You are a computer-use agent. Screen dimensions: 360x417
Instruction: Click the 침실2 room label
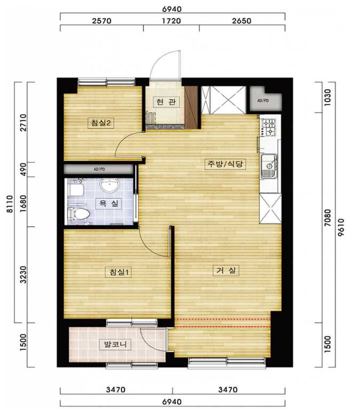tap(101, 123)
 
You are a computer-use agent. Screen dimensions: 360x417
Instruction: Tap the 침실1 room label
tap(119, 272)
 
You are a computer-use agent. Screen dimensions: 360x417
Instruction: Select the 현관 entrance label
tap(166, 102)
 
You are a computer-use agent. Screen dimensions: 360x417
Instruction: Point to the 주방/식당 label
tap(225, 164)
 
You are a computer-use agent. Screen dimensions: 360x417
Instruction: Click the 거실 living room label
tap(226, 271)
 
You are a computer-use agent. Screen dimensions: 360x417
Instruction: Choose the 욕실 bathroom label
tap(108, 203)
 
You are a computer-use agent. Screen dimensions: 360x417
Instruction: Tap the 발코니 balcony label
tap(115, 345)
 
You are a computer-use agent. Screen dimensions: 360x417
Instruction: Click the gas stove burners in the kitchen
tap(269, 127)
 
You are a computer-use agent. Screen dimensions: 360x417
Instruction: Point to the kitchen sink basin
tap(269, 166)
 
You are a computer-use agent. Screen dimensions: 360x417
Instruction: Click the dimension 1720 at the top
tap(171, 21)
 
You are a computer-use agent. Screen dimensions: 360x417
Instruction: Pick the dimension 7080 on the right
tap(328, 217)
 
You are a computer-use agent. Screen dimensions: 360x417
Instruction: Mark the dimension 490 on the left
tap(24, 169)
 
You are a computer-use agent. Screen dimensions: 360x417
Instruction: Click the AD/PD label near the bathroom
tap(99, 169)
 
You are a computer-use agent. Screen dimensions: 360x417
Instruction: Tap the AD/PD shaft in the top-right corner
tap(265, 100)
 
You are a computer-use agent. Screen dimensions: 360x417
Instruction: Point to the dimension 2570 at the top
tap(101, 21)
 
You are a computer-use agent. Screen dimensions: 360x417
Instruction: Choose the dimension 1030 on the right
tap(328, 97)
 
